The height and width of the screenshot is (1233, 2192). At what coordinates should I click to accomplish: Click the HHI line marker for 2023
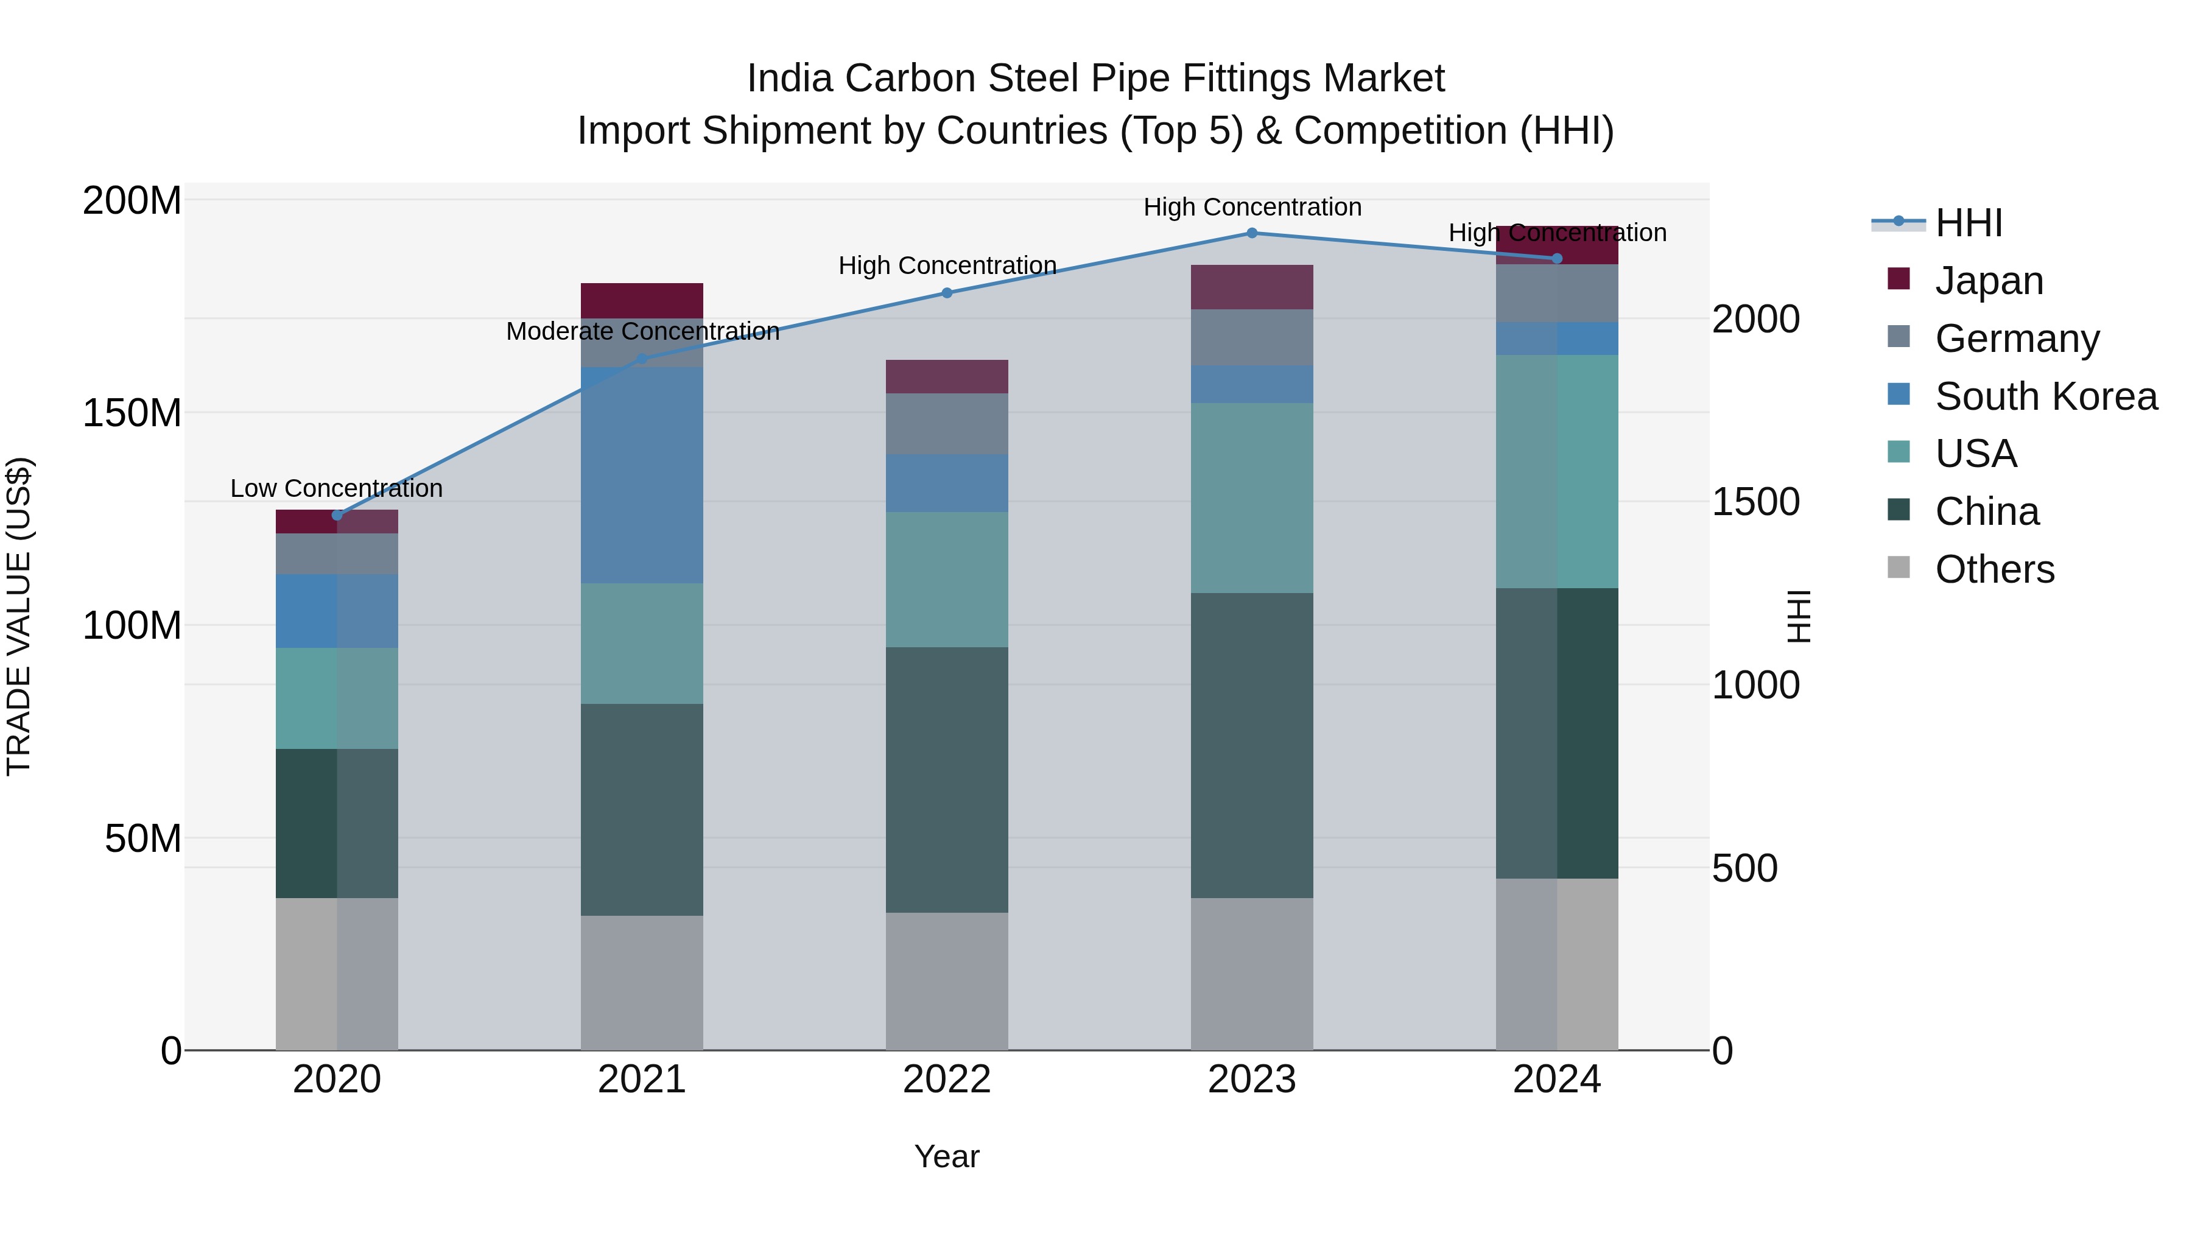1252,233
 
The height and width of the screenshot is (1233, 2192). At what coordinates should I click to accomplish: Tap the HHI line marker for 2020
337,515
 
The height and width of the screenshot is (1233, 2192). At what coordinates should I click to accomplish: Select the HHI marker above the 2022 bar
947,293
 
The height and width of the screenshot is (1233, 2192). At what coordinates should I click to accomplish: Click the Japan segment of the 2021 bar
642,300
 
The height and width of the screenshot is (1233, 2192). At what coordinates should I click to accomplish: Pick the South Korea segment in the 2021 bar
642,475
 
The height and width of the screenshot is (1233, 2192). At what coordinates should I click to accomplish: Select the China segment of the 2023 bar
1252,745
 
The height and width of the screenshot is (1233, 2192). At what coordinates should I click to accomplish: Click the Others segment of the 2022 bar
947,981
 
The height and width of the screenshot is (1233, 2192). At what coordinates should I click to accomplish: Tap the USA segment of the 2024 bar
1557,471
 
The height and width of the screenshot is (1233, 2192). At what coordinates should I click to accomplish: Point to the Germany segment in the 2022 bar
947,424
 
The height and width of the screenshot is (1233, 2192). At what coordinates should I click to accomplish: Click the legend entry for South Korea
2046,396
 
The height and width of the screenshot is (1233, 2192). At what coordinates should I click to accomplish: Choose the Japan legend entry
1989,281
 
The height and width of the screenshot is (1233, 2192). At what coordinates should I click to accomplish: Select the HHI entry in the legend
1968,223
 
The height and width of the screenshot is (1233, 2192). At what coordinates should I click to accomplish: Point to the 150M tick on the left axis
132,413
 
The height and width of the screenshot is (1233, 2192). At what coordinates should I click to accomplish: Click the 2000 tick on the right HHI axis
1755,320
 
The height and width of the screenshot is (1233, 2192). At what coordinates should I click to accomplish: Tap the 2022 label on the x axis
947,1080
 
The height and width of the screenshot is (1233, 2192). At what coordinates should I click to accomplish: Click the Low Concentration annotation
337,488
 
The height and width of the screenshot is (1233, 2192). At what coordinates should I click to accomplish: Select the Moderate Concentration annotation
642,331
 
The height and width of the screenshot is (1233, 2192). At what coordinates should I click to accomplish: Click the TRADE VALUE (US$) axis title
19,616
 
